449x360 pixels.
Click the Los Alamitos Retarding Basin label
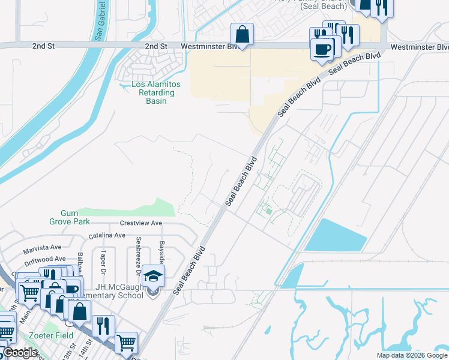154,92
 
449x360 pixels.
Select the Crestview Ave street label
140,223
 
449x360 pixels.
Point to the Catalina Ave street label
107,236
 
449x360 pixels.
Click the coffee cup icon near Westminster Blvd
322,49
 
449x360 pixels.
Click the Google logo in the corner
20,353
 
